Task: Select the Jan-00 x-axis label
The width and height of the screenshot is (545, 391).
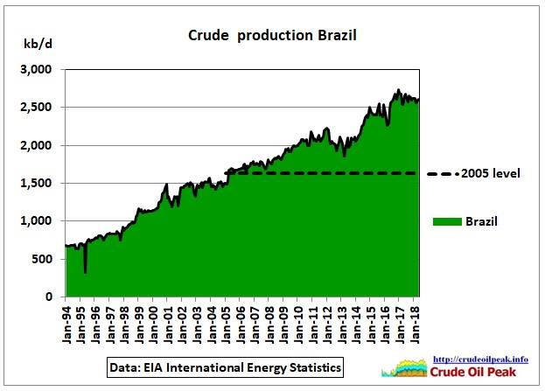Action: point(157,325)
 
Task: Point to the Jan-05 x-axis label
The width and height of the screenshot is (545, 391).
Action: point(230,325)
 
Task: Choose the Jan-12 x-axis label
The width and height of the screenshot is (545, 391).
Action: point(332,325)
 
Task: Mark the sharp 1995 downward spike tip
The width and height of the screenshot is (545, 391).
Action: point(85,272)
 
